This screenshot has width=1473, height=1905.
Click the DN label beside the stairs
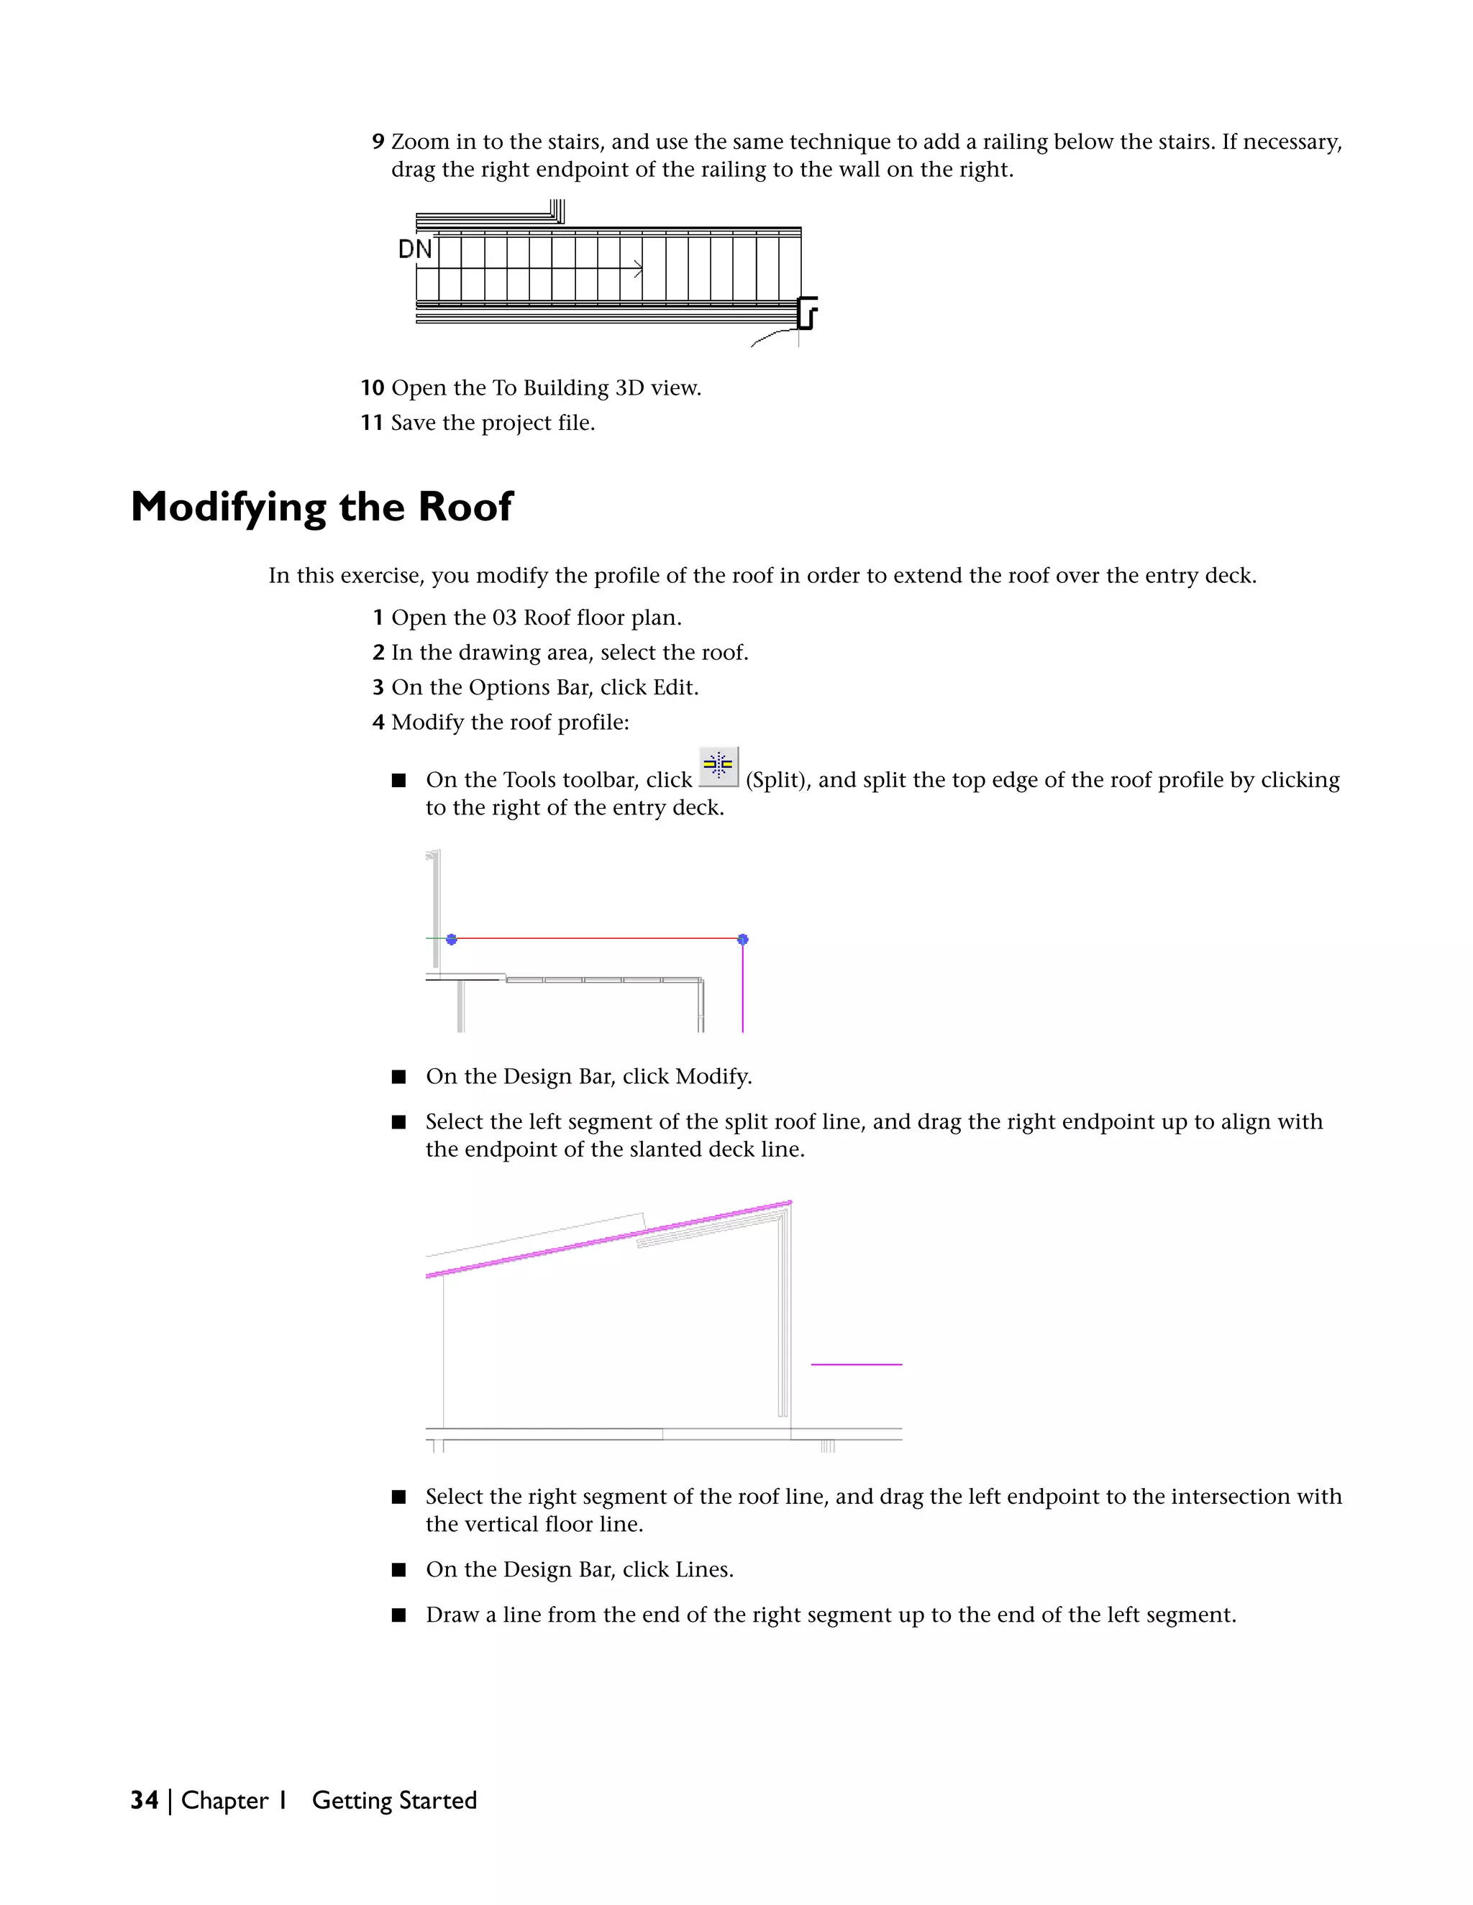(414, 249)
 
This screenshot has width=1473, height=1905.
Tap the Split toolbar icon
(719, 766)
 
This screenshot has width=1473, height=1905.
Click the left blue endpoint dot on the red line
(451, 940)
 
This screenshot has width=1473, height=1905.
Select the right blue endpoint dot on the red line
(742, 940)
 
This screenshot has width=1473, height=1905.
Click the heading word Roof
(465, 507)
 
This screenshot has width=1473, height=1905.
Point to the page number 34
(144, 1800)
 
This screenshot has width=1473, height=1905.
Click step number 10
(373, 388)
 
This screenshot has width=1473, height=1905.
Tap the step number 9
(378, 142)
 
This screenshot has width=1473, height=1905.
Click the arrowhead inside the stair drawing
(639, 269)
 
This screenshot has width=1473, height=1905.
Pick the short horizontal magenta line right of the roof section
(856, 1364)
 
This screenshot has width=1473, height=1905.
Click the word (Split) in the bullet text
(778, 780)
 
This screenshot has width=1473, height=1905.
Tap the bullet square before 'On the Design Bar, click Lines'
(398, 1570)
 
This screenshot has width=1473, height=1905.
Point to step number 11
(373, 423)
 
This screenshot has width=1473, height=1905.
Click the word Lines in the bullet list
(703, 1570)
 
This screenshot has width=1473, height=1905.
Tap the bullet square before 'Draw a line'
(398, 1615)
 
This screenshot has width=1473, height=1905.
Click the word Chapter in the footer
(224, 1800)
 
